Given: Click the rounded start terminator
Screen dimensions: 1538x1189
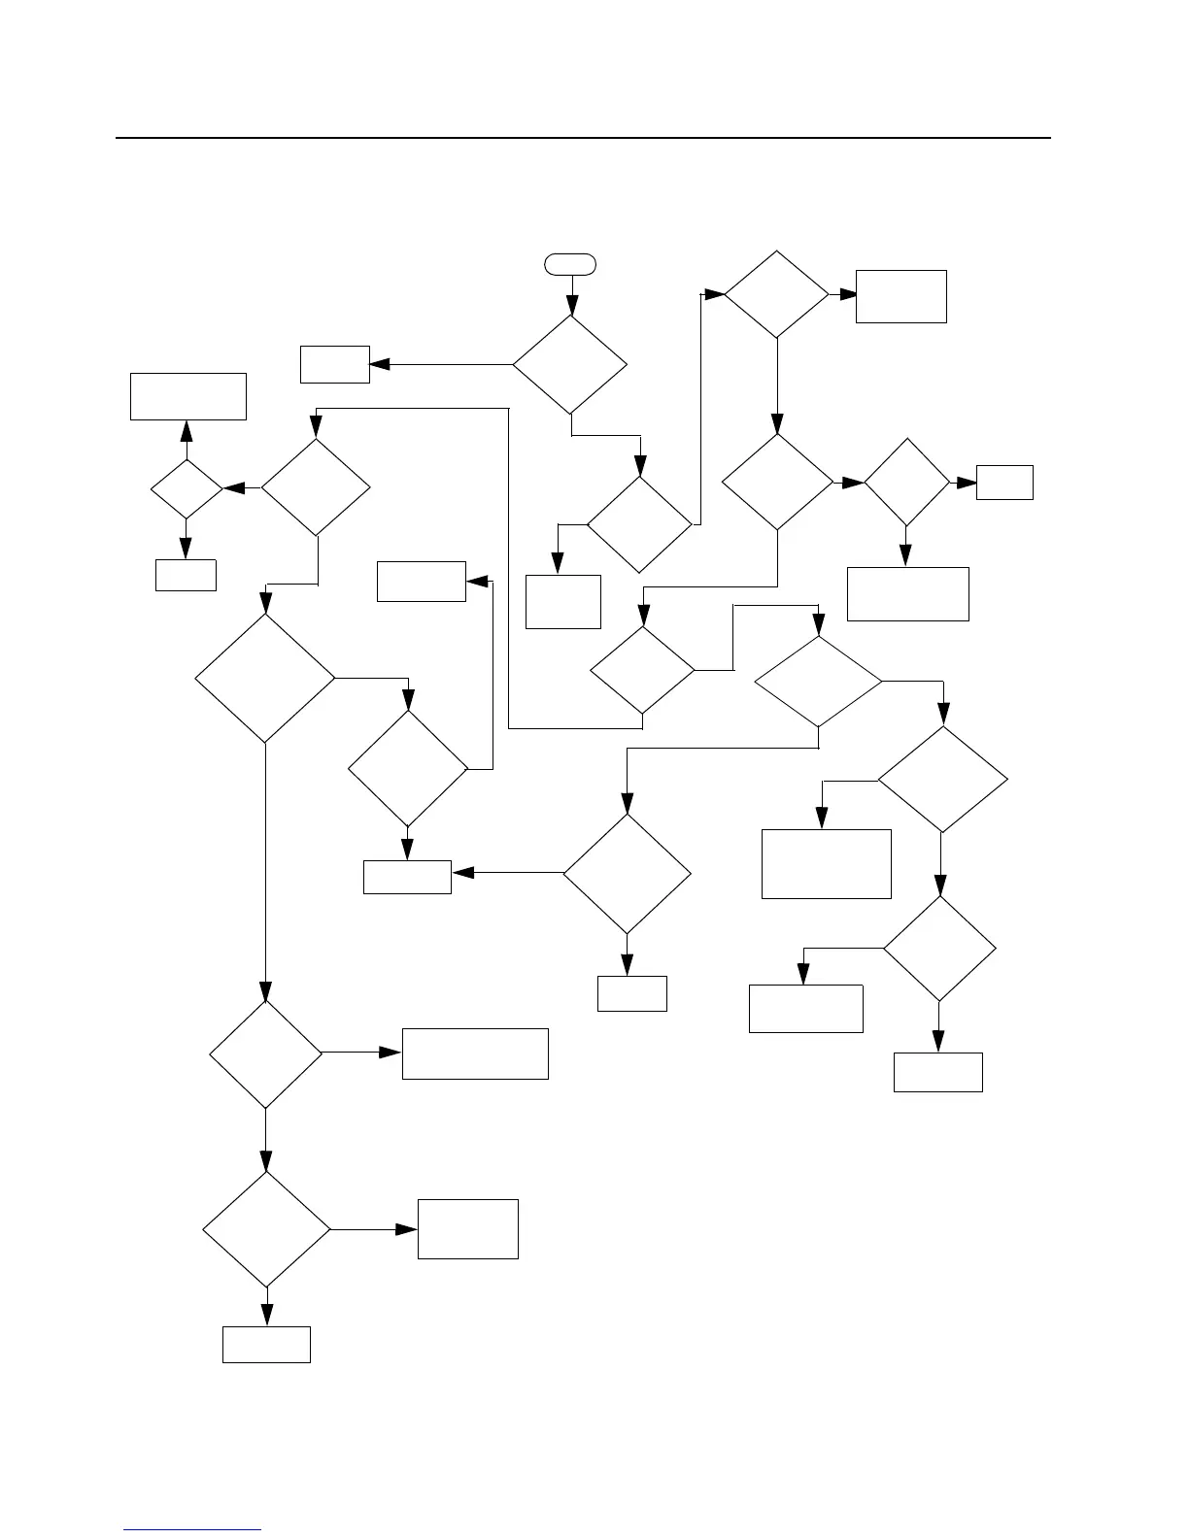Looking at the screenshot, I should point(570,263).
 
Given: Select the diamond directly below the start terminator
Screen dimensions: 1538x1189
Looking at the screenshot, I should point(570,365).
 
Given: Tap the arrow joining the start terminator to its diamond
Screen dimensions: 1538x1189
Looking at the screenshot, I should point(570,295).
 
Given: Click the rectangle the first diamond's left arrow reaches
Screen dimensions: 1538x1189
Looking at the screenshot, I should point(335,364).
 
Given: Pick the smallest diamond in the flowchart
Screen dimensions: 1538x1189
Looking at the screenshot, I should point(187,488).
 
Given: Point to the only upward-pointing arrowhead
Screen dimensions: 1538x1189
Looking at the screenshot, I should point(187,430).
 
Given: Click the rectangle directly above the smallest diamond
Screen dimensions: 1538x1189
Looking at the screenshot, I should point(188,396).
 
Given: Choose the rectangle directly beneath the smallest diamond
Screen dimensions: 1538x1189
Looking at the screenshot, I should point(186,575).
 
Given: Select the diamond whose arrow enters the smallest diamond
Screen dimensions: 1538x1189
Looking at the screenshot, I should point(316,487).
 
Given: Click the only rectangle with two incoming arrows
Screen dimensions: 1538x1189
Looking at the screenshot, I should point(407,877).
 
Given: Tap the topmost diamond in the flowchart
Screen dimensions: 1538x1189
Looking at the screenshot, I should point(777,294).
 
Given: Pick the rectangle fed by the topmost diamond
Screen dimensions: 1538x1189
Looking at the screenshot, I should point(900,296).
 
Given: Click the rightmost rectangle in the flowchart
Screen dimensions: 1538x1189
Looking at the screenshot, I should point(1004,483).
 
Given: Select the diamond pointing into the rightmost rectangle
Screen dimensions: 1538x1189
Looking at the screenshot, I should point(906,483).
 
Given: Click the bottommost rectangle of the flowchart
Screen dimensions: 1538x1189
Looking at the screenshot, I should point(266,1345).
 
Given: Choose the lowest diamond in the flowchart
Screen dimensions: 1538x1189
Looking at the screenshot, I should point(266,1229).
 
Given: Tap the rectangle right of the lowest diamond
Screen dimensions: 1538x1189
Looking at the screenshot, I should point(467,1229).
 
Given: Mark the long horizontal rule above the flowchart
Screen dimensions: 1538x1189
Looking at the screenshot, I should point(583,138).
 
